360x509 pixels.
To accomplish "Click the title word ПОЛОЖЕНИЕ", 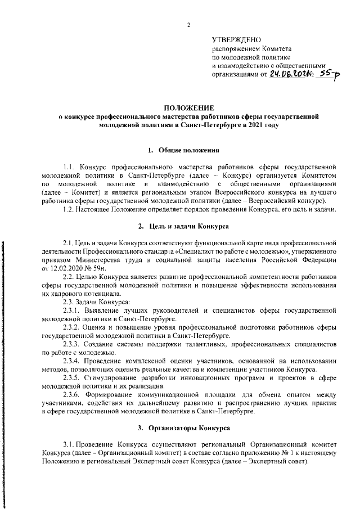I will click(x=189, y=107).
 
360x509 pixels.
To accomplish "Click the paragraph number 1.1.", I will click(x=69, y=167).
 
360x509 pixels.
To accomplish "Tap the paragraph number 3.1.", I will click(x=69, y=445).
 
